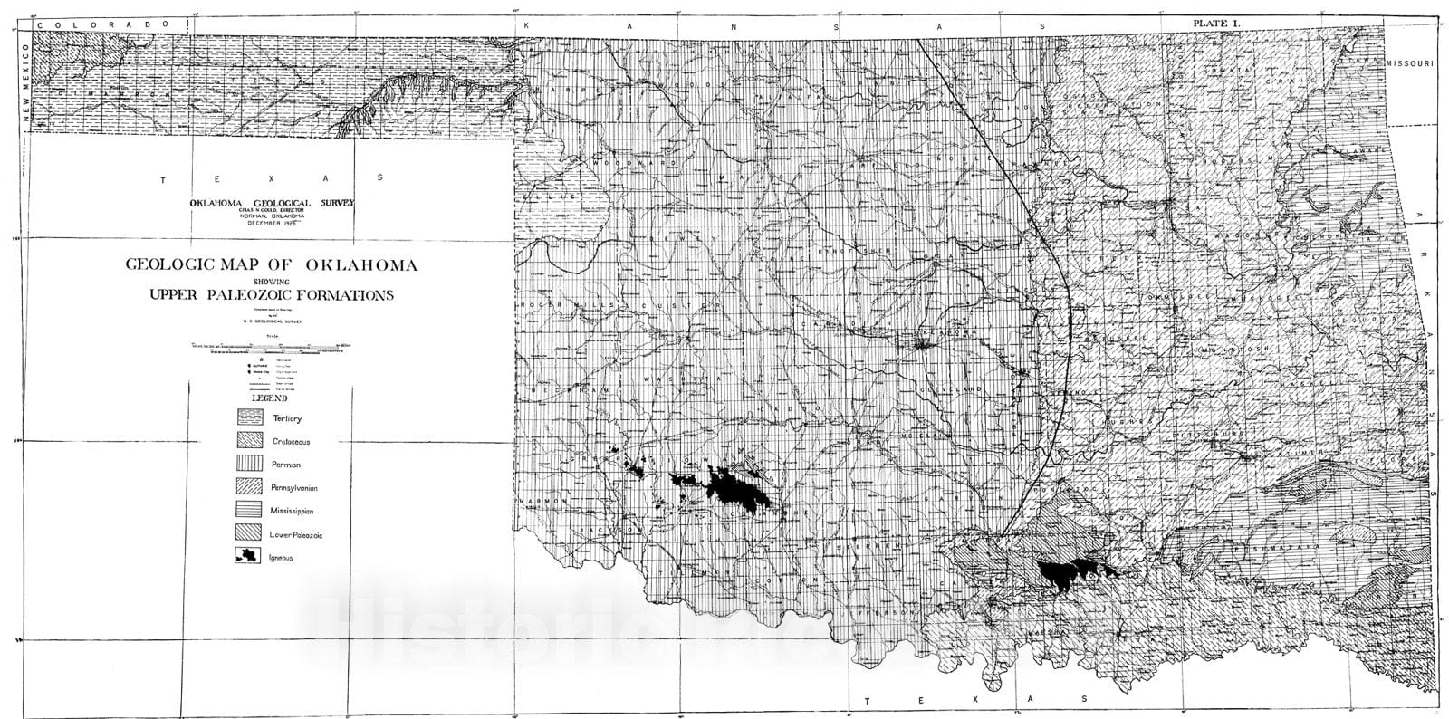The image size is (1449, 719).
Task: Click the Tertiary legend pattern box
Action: pos(250,417)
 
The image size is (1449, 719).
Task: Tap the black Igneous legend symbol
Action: pos(248,557)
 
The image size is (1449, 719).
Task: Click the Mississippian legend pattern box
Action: pos(250,511)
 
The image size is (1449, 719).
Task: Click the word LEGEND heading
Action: pos(271,398)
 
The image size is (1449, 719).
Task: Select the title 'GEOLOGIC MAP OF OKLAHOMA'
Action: pos(271,265)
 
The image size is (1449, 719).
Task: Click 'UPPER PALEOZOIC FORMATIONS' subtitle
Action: pos(271,295)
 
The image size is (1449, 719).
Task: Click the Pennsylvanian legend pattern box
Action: pos(250,487)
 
